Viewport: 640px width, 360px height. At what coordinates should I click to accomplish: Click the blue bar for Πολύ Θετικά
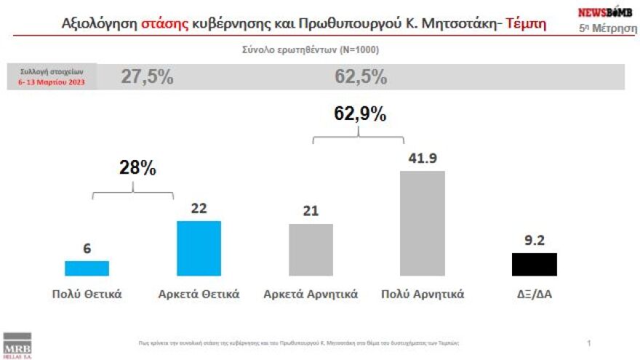click(x=87, y=268)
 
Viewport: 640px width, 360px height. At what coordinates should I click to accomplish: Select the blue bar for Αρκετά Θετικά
click(x=199, y=248)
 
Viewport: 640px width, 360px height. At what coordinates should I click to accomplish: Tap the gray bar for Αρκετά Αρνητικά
click(x=311, y=249)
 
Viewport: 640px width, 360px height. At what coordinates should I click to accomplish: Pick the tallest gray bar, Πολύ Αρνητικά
click(x=423, y=223)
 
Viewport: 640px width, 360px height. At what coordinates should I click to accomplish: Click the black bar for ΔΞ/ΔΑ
click(x=535, y=265)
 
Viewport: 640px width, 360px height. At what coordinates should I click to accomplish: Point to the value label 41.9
click(x=423, y=157)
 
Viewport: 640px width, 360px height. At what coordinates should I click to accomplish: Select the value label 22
click(x=199, y=208)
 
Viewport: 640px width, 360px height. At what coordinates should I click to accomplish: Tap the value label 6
click(x=87, y=248)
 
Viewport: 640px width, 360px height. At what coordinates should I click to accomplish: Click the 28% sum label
click(x=137, y=168)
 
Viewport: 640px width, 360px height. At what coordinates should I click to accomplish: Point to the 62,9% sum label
click(x=360, y=113)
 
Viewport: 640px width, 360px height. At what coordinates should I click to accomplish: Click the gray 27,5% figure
click(x=147, y=77)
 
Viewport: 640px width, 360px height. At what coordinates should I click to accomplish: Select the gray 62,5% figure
click(x=361, y=77)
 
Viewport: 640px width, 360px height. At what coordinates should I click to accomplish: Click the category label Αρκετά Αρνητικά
click(x=311, y=295)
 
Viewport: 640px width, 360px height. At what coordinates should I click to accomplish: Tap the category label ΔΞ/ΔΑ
click(x=535, y=295)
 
